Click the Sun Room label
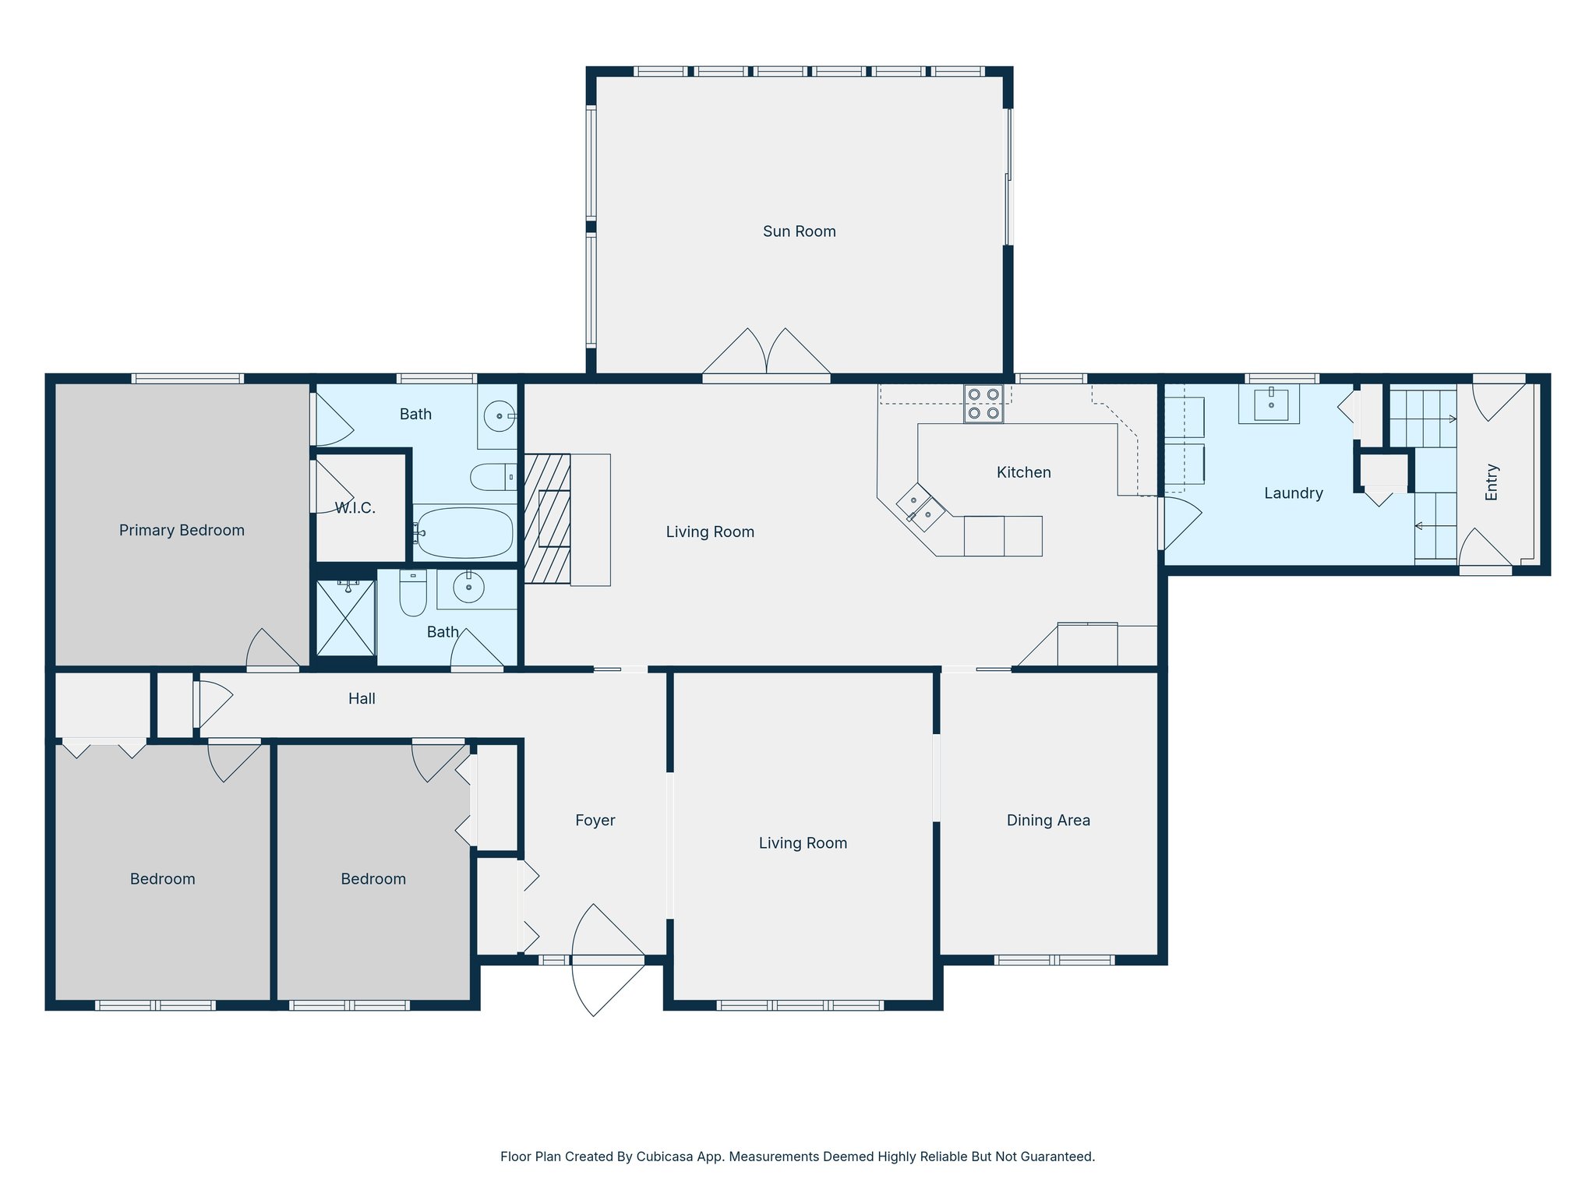point(799,231)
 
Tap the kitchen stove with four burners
point(983,404)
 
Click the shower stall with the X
point(346,618)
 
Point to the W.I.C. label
point(355,508)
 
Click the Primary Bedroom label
point(182,531)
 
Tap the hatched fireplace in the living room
point(547,519)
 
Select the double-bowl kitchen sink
point(920,507)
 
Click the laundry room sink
point(1270,404)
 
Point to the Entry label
point(1492,482)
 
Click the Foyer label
point(595,821)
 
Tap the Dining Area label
point(1048,821)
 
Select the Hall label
point(362,699)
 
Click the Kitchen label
point(1023,472)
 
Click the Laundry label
point(1293,493)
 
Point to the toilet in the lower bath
point(413,594)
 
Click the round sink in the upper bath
point(499,416)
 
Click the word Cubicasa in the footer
point(666,1156)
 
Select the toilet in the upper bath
point(493,477)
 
